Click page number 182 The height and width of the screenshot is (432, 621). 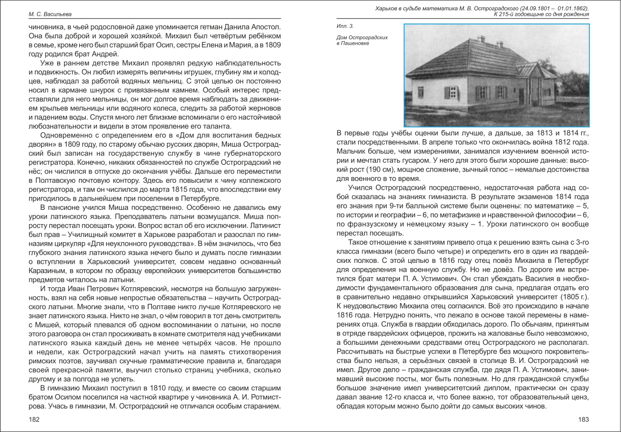34,420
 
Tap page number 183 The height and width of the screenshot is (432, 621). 583,420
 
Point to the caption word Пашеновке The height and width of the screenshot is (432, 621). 354,44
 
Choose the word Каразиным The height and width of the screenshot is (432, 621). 47,270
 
